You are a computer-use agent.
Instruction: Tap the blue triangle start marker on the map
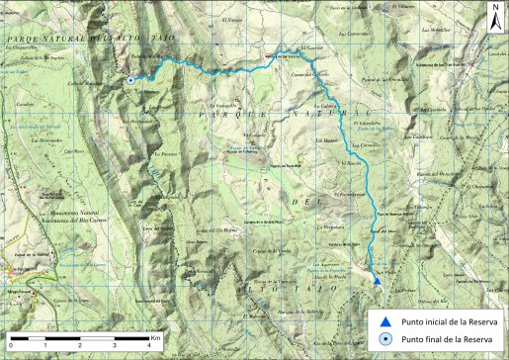[378, 282]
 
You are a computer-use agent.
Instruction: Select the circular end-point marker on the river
[130, 81]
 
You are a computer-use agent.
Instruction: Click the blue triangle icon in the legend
[385, 321]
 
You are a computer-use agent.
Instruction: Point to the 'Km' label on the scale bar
[156, 338]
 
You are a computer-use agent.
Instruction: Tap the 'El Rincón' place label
[352, 162]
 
